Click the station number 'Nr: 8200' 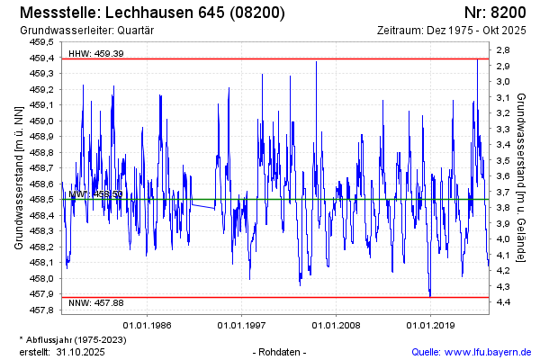pyautogui.click(x=495, y=13)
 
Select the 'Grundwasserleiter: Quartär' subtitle pyautogui.click(x=86, y=31)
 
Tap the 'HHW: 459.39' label pyautogui.click(x=96, y=53)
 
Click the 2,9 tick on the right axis pyautogui.click(x=503, y=66)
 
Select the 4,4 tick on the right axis pyautogui.click(x=503, y=301)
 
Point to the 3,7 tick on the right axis pyautogui.click(x=503, y=192)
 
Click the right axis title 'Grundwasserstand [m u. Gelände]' pyautogui.click(x=522, y=176)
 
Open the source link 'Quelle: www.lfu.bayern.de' pyautogui.click(x=471, y=351)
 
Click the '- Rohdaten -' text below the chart pyautogui.click(x=281, y=351)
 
